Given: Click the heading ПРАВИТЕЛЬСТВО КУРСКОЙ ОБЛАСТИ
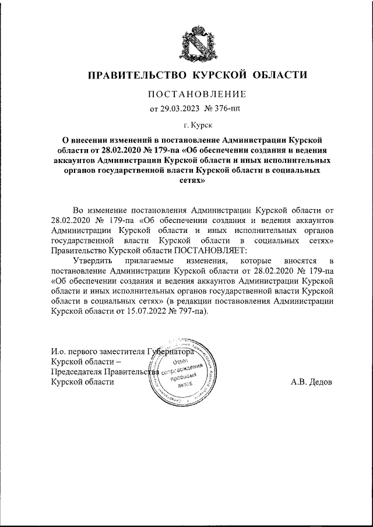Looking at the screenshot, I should (196, 75).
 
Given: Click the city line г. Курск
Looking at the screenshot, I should (198, 125).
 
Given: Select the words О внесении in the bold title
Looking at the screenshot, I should (85, 141).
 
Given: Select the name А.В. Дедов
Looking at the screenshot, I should (311, 383).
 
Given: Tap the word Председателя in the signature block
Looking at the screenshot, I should (75, 373).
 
